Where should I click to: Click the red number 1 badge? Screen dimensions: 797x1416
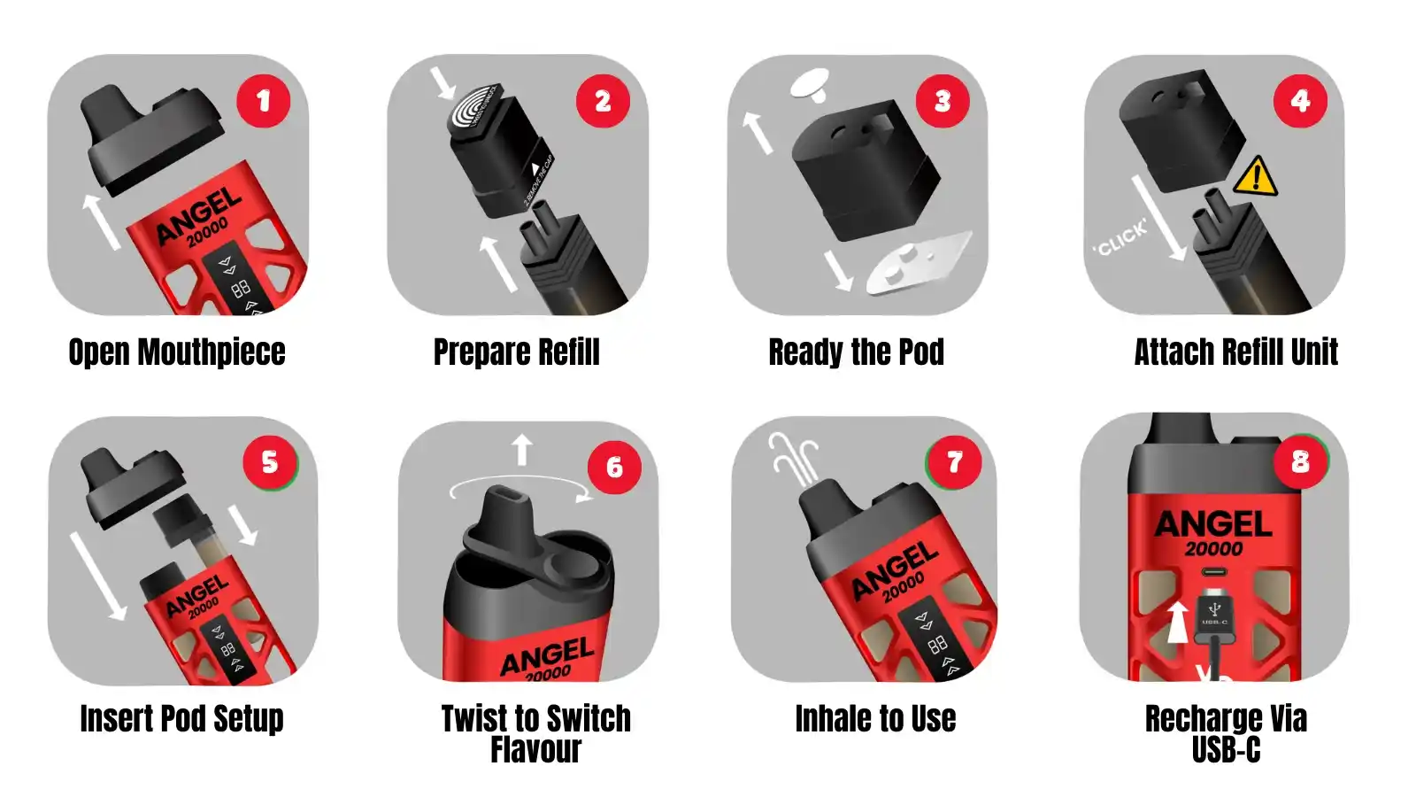tap(263, 101)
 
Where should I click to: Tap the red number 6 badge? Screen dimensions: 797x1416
tap(614, 467)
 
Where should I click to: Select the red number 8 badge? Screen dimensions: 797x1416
tap(1300, 460)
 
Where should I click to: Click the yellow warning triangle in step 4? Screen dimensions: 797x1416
tap(1255, 176)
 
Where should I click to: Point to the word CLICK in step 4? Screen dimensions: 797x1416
tap(1120, 237)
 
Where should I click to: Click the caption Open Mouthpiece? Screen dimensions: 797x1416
tap(177, 352)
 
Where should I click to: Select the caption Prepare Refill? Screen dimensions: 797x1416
tap(516, 352)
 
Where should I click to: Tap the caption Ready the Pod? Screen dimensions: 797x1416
tap(856, 352)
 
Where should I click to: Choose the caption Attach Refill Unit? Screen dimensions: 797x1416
tap(1235, 352)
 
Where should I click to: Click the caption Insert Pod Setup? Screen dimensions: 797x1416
tap(181, 718)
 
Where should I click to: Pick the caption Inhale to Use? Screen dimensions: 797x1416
tap(875, 718)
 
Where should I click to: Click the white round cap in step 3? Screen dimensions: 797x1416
tap(810, 83)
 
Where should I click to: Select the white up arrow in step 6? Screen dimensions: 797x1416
tap(522, 449)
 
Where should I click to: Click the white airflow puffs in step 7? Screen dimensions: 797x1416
tap(791, 458)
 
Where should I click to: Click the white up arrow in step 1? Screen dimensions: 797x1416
tap(101, 221)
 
